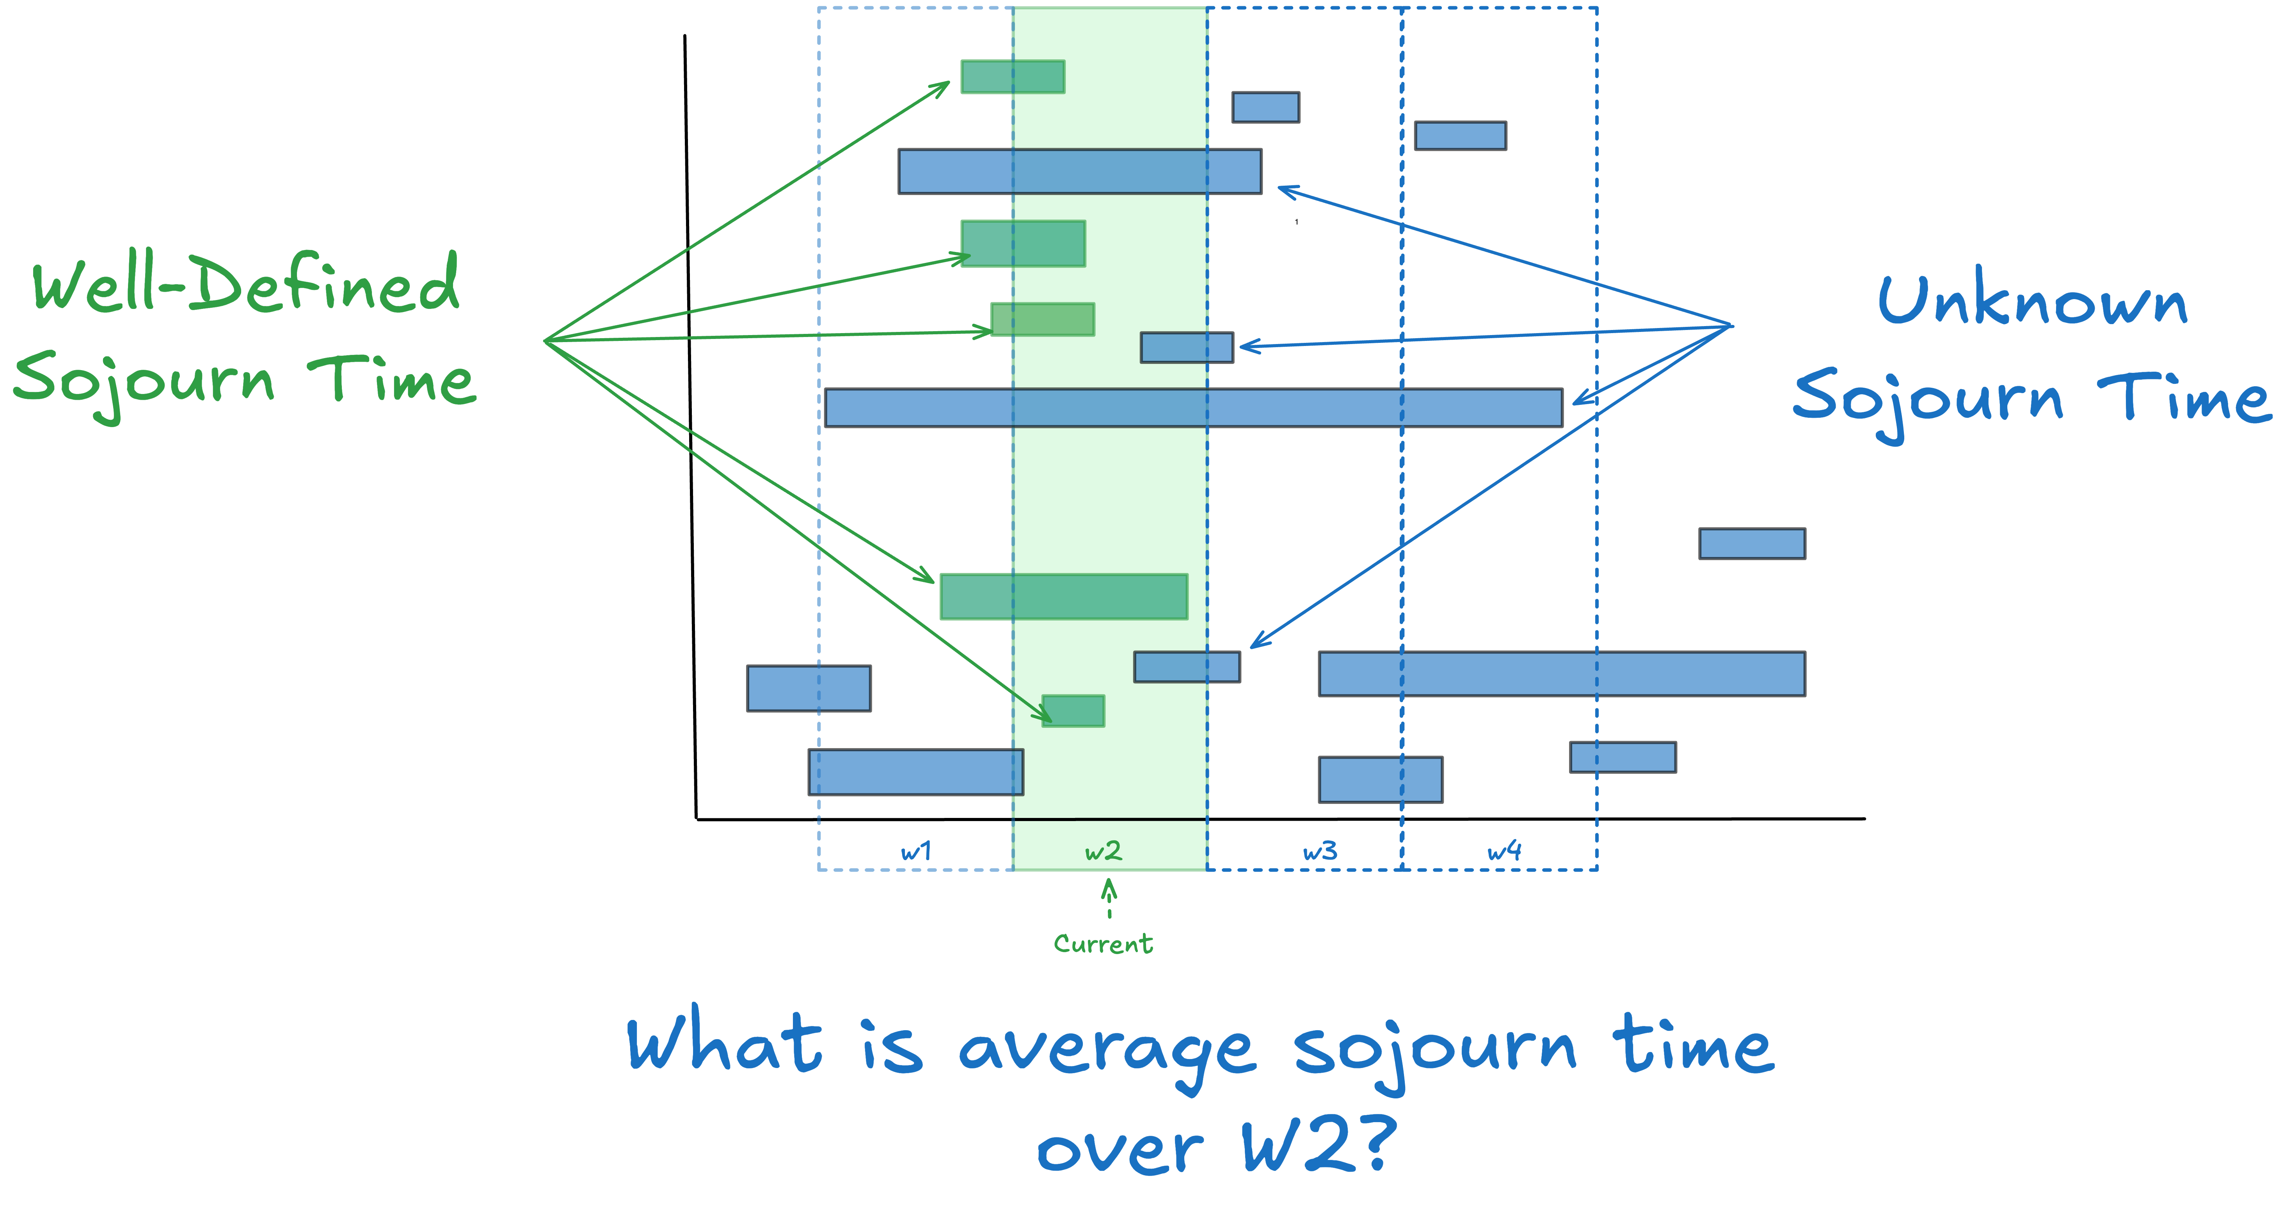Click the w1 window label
pyautogui.click(x=916, y=852)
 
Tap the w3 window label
pyautogui.click(x=1320, y=852)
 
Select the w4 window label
pyautogui.click(x=1504, y=852)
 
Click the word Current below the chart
pyautogui.click(x=1103, y=944)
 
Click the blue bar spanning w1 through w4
pyautogui.click(x=1193, y=407)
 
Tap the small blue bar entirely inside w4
pyautogui.click(x=1460, y=135)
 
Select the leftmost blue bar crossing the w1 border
pyautogui.click(x=809, y=688)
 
